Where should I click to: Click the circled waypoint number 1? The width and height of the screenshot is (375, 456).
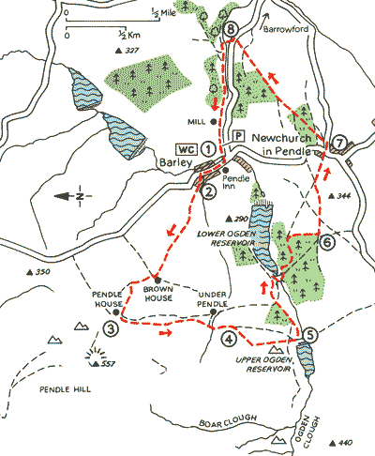(x=207, y=161)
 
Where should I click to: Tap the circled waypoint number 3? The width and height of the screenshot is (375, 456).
(x=112, y=329)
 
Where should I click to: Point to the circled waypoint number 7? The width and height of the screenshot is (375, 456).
(x=339, y=142)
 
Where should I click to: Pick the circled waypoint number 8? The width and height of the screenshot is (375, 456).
(x=232, y=31)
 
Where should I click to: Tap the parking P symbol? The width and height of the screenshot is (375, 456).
(x=237, y=135)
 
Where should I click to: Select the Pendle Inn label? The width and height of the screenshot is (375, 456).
(x=241, y=181)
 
